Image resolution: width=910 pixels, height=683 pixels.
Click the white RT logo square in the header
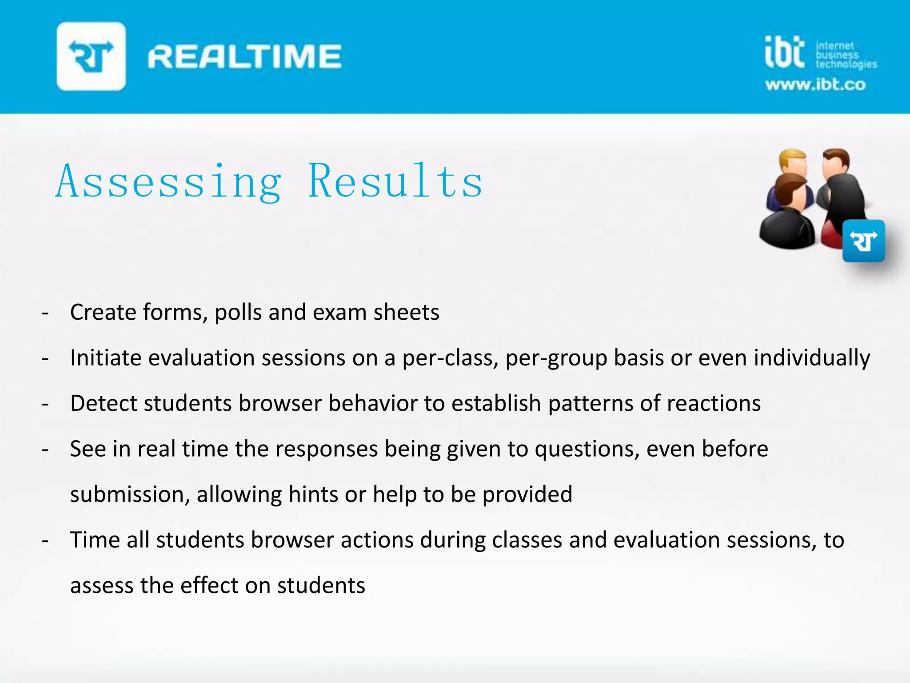point(91,56)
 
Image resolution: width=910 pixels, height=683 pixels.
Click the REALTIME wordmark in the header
point(244,56)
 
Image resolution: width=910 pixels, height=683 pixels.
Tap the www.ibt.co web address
point(815,84)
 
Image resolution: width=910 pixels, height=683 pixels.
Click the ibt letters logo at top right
point(785,52)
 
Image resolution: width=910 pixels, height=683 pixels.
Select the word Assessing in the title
point(169,181)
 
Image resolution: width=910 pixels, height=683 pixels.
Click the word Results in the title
point(395,181)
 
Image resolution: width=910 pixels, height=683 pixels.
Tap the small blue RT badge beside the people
point(863,241)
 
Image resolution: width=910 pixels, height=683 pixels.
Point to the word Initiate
point(106,358)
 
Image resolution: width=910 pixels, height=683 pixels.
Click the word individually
point(812,358)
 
